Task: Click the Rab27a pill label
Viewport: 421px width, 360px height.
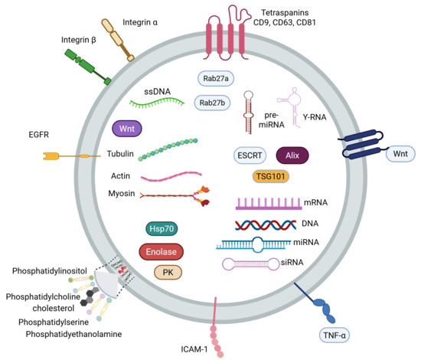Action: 216,78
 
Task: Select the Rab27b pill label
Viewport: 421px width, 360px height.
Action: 212,103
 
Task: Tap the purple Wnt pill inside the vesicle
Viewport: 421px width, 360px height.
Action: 127,129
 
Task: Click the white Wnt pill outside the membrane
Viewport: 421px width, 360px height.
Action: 400,154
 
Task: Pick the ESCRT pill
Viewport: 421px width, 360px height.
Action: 250,155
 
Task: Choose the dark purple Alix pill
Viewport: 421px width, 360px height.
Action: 292,155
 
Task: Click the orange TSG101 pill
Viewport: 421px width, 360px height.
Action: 270,176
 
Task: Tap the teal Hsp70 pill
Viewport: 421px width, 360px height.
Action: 162,228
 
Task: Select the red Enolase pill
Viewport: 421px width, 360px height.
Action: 161,252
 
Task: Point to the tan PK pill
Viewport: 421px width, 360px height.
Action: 168,273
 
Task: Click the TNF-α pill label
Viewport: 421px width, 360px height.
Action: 335,335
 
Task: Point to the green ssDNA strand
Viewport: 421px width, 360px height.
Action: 157,103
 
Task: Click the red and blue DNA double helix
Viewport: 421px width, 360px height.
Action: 266,225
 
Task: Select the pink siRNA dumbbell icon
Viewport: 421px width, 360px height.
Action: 251,263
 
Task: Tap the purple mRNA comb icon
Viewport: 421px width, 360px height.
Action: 269,204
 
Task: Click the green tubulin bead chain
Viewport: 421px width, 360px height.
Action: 168,149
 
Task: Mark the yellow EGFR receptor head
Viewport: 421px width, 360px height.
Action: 51,155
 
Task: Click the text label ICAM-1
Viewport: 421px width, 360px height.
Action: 194,349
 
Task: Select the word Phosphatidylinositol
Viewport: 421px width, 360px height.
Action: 50,271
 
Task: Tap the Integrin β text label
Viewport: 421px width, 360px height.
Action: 78,40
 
